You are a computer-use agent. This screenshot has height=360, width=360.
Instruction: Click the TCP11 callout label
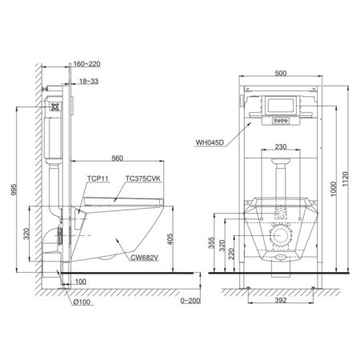click(x=96, y=181)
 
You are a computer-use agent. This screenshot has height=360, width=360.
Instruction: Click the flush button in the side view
click(x=55, y=103)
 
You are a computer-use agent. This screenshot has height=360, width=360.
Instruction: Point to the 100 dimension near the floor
click(x=80, y=282)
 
